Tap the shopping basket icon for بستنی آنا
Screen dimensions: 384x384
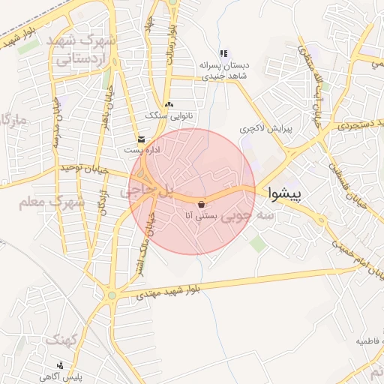pos(201,204)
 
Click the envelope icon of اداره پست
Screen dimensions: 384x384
pos(141,139)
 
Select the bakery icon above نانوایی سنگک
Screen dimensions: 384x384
pos(168,104)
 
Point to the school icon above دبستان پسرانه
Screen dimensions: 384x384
pos(223,53)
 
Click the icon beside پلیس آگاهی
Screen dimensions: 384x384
pos(70,364)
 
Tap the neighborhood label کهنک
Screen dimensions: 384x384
pos(61,340)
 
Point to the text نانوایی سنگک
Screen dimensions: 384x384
pos(168,116)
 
